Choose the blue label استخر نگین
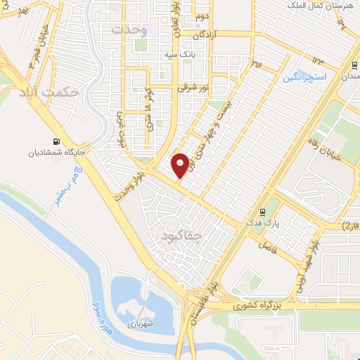click(307, 76)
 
